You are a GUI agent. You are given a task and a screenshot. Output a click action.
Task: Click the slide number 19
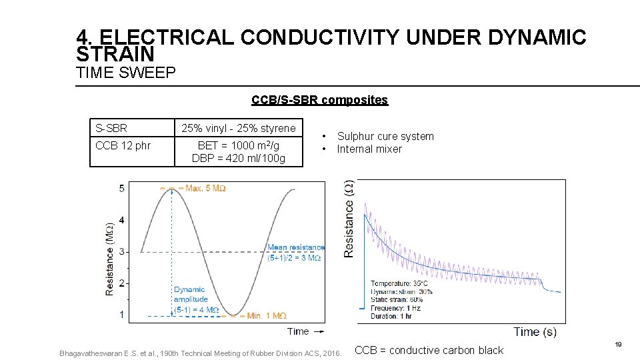pos(618,344)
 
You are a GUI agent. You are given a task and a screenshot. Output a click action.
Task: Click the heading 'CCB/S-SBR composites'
pos(319,100)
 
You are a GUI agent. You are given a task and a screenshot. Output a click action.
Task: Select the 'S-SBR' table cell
pos(111,128)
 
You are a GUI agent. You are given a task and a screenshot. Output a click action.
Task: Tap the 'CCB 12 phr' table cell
pos(123,145)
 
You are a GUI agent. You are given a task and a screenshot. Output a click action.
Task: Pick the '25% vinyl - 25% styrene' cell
pos(239,128)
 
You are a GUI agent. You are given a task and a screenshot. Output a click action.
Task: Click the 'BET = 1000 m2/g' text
pos(238,145)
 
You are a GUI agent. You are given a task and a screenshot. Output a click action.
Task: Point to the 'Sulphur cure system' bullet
pos(385,136)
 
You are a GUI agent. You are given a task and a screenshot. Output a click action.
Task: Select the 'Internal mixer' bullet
pos(369,149)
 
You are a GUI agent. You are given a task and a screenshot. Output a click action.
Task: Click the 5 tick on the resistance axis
pos(121,189)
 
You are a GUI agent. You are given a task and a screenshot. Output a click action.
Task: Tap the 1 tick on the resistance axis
pos(121,315)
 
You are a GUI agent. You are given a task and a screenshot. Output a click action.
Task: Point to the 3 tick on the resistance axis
pos(121,251)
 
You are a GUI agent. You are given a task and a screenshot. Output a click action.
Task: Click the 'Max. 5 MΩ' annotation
pos(205,189)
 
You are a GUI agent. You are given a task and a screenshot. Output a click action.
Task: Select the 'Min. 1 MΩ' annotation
pos(266,315)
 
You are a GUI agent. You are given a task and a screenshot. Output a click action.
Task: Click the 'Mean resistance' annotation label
pos(295,248)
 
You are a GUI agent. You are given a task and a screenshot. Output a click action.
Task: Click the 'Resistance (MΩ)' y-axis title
pos(109,259)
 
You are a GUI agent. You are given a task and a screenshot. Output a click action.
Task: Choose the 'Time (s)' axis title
pos(535,331)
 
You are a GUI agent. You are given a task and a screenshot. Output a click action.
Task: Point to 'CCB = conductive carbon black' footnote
pos(430,350)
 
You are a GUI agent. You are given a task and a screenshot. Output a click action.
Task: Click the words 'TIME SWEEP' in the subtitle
pos(126,73)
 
